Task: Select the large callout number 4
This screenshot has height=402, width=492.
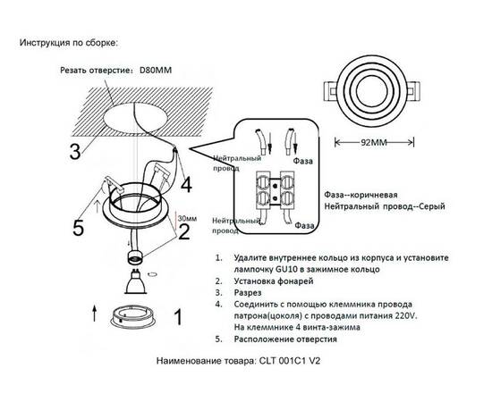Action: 186,185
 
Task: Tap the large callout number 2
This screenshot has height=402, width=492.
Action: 183,232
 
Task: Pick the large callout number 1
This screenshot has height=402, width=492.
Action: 177,315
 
